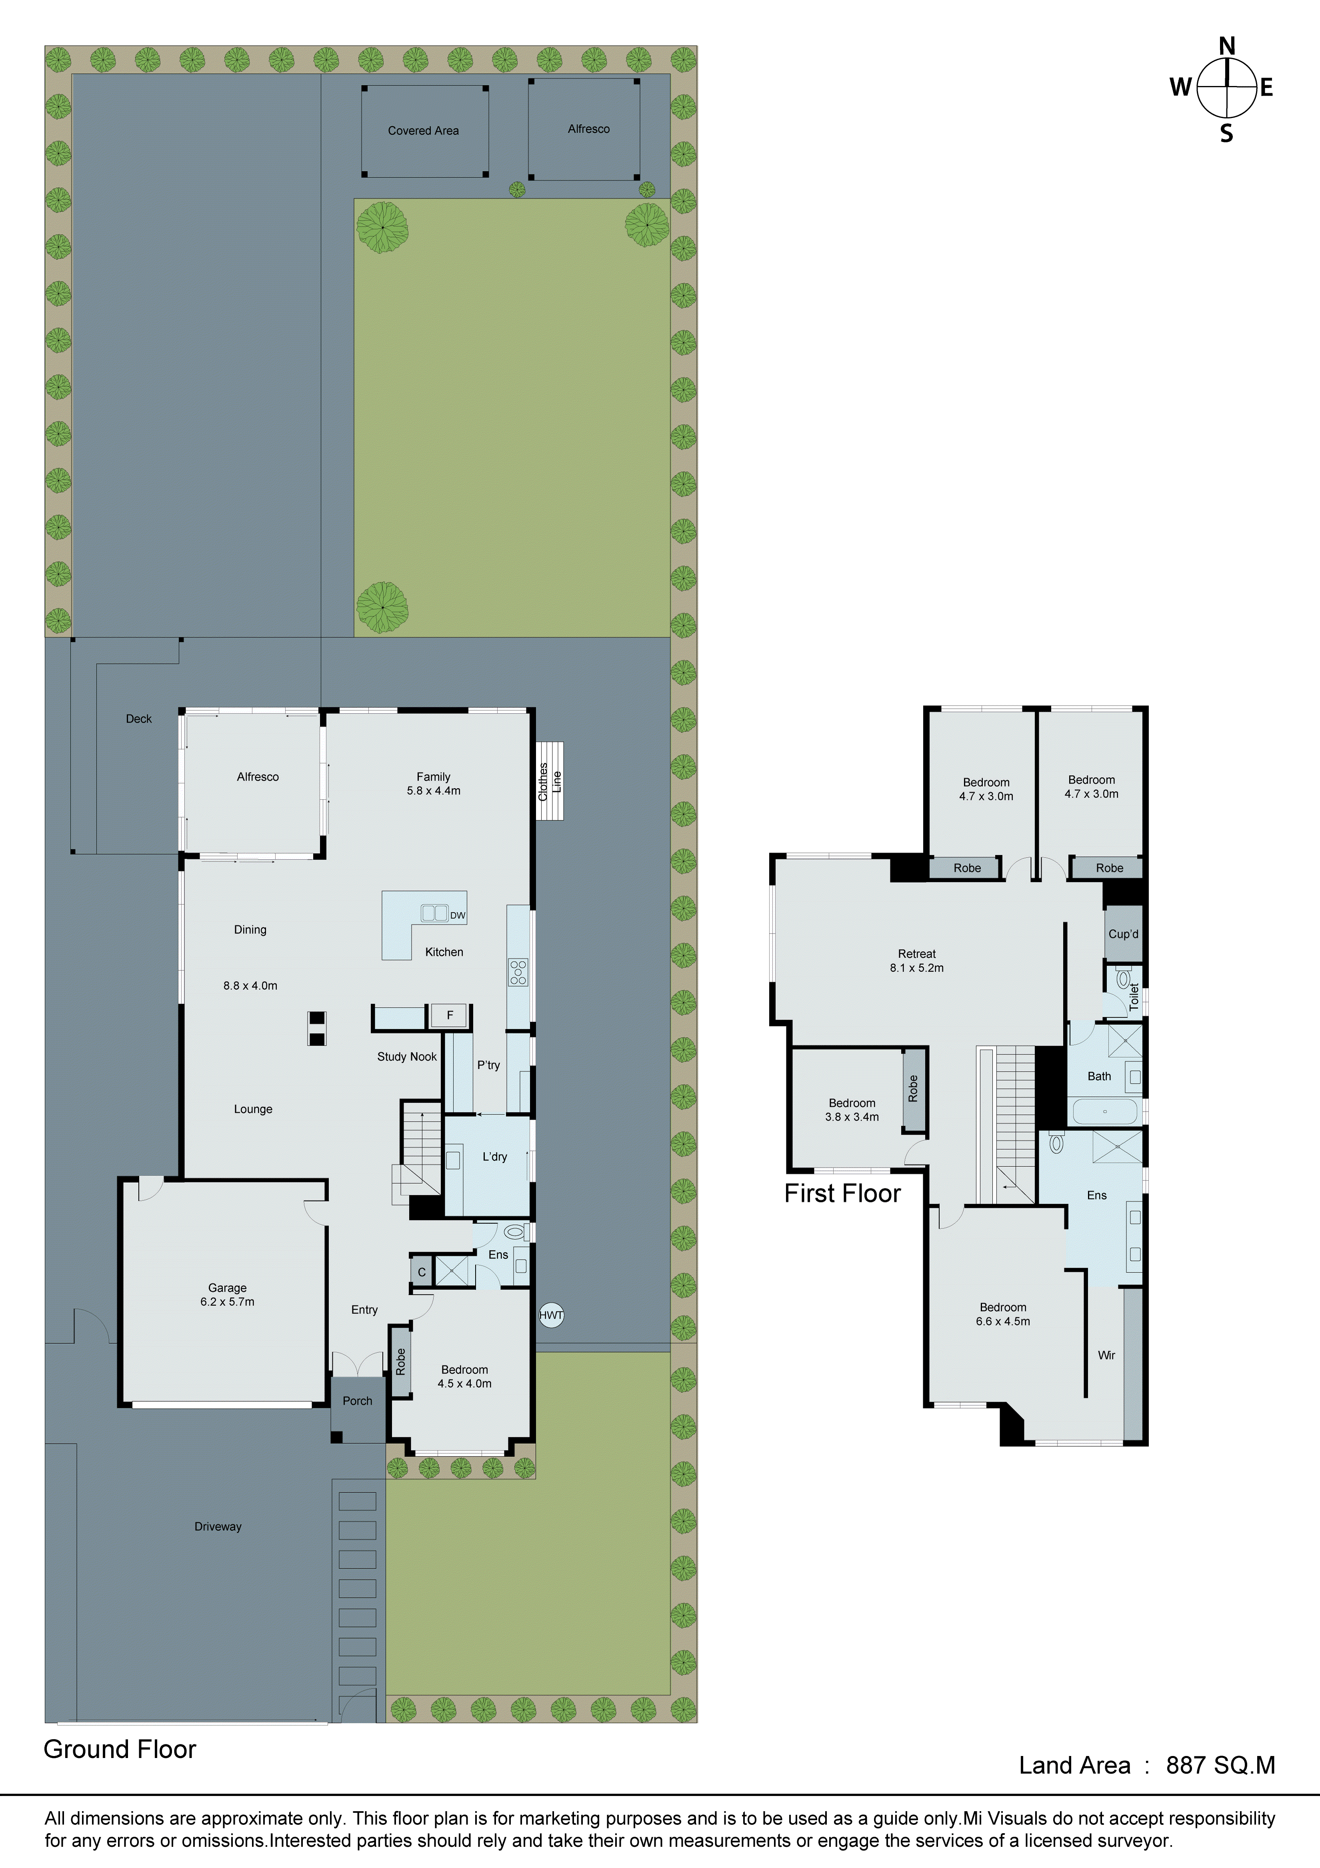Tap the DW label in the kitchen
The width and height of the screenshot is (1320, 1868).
coord(457,915)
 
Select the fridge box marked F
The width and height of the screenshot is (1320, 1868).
coord(449,1015)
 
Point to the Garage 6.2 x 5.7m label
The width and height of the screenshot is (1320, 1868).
coord(227,1294)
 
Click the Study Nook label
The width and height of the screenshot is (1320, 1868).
coord(407,1057)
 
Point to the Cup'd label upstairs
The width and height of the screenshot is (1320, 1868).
coord(1123,934)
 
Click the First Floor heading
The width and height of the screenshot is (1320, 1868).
coord(842,1194)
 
